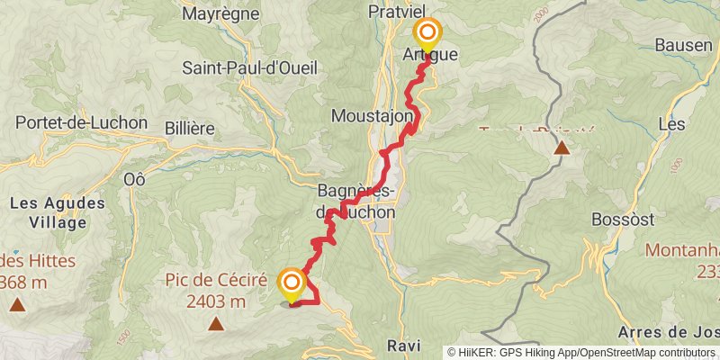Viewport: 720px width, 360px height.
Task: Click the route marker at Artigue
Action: pyautogui.click(x=426, y=35)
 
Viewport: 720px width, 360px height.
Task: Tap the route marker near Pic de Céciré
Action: pyautogui.click(x=291, y=285)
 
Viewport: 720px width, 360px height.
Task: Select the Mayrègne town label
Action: pyautogui.click(x=220, y=13)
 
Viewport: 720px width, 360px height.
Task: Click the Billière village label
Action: pyautogui.click(x=189, y=129)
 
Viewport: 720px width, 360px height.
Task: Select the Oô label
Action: pyautogui.click(x=135, y=178)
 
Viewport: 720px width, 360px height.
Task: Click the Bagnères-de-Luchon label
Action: pyautogui.click(x=356, y=202)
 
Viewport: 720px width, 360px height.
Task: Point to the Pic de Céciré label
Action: pyautogui.click(x=216, y=280)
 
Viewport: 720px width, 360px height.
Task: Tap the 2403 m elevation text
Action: pyautogui.click(x=216, y=301)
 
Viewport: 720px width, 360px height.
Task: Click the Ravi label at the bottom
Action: pyautogui.click(x=403, y=346)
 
